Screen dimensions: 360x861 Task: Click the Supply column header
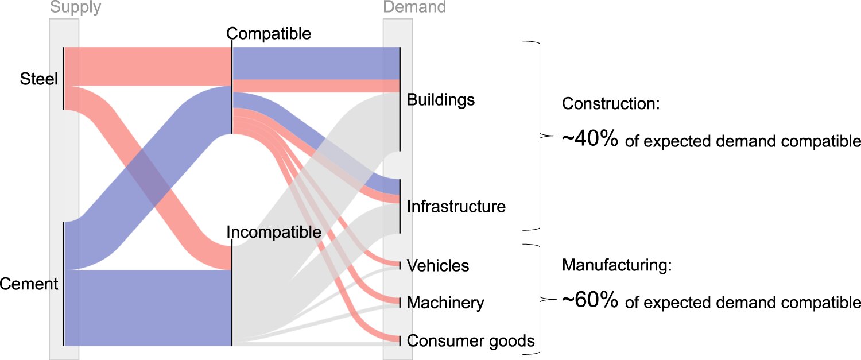75,7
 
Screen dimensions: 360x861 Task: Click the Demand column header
414,7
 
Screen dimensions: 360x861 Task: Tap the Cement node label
29,284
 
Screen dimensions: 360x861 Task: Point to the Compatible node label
269,34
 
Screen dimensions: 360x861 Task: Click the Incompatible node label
273,233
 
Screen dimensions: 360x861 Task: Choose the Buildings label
441,100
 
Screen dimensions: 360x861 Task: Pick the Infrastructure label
456,206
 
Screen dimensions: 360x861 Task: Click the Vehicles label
438,265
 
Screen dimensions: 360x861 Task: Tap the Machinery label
445,303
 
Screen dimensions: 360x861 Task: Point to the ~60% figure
589,301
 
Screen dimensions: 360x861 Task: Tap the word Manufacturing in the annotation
616,265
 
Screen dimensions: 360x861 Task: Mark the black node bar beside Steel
63,78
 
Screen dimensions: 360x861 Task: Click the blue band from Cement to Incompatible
147,307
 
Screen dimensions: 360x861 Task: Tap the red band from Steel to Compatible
147,67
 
